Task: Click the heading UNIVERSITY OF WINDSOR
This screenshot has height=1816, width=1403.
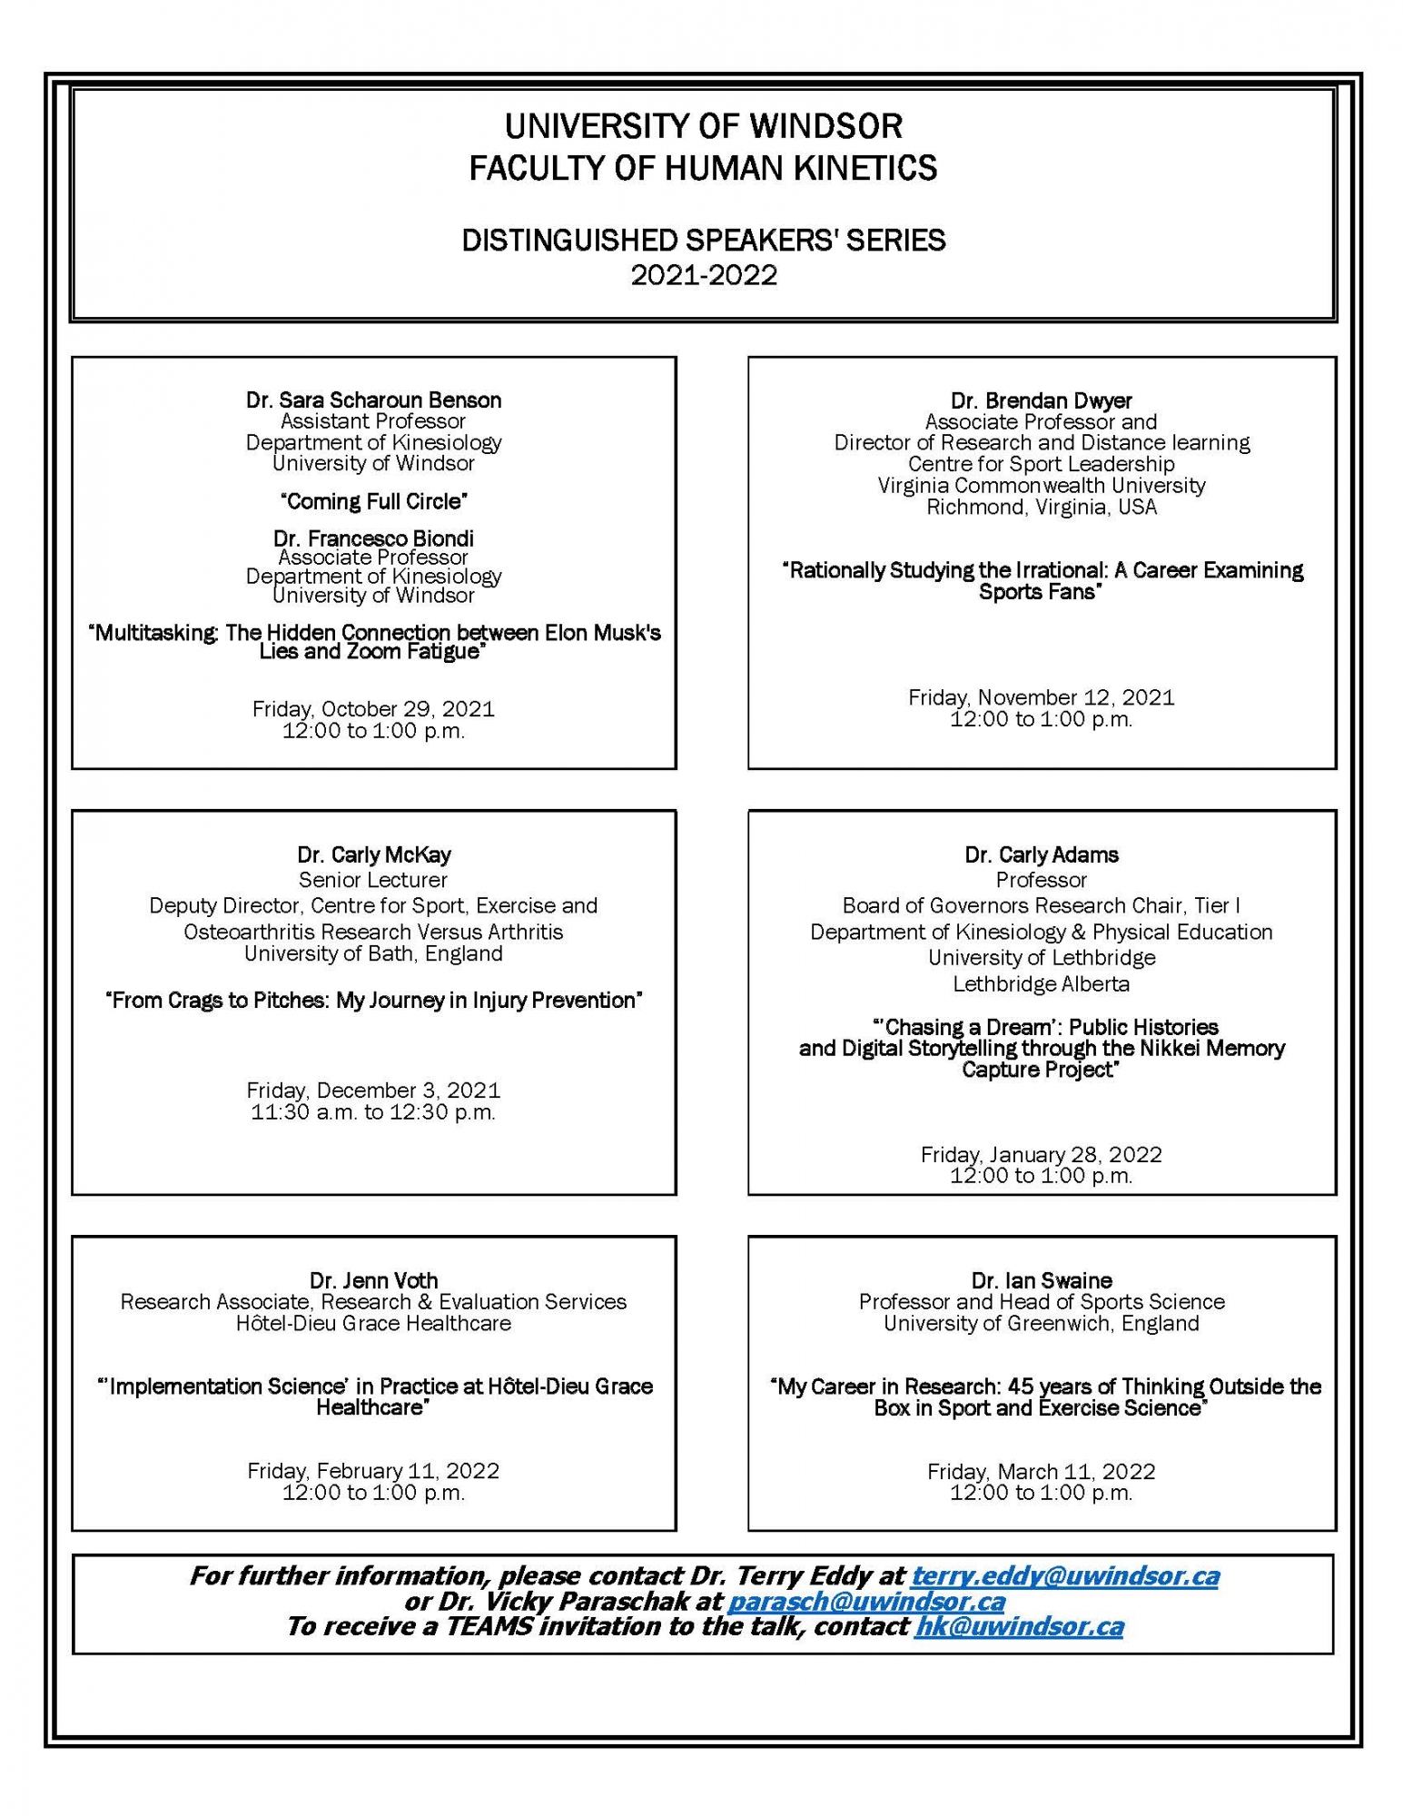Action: pyautogui.click(x=703, y=126)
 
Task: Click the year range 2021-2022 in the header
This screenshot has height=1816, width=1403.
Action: pyautogui.click(x=704, y=275)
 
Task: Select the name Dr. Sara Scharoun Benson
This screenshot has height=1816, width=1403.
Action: pyautogui.click(x=373, y=400)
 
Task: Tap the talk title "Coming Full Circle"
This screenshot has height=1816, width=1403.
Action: pyautogui.click(x=373, y=500)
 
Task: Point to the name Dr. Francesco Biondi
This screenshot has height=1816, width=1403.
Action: pyautogui.click(x=373, y=538)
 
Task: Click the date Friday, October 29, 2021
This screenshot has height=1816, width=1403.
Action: pyautogui.click(x=373, y=708)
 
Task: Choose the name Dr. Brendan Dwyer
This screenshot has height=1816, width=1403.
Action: pyautogui.click(x=1041, y=400)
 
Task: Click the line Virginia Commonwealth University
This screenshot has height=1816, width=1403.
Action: pyautogui.click(x=1041, y=485)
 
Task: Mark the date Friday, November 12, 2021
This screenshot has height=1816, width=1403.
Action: pyautogui.click(x=1041, y=697)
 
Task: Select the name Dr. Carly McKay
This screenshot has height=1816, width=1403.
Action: pyautogui.click(x=373, y=854)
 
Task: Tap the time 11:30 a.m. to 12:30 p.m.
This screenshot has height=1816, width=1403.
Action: pyautogui.click(x=373, y=1111)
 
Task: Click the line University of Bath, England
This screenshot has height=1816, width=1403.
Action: pyautogui.click(x=373, y=953)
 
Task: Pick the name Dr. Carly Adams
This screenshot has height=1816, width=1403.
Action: pyautogui.click(x=1041, y=854)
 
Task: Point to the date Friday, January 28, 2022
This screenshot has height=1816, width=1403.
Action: pyautogui.click(x=1041, y=1154)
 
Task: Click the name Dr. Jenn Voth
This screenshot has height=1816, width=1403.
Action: pyautogui.click(x=373, y=1280)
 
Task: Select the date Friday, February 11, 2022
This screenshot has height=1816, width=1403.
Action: pyautogui.click(x=373, y=1470)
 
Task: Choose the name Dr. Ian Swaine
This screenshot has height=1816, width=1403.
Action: pyautogui.click(x=1041, y=1280)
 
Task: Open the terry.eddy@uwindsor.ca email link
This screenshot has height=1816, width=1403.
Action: pyautogui.click(x=1064, y=1575)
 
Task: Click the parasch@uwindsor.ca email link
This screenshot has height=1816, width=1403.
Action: pyautogui.click(x=866, y=1601)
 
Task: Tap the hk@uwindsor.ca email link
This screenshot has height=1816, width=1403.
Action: pyautogui.click(x=1019, y=1626)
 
